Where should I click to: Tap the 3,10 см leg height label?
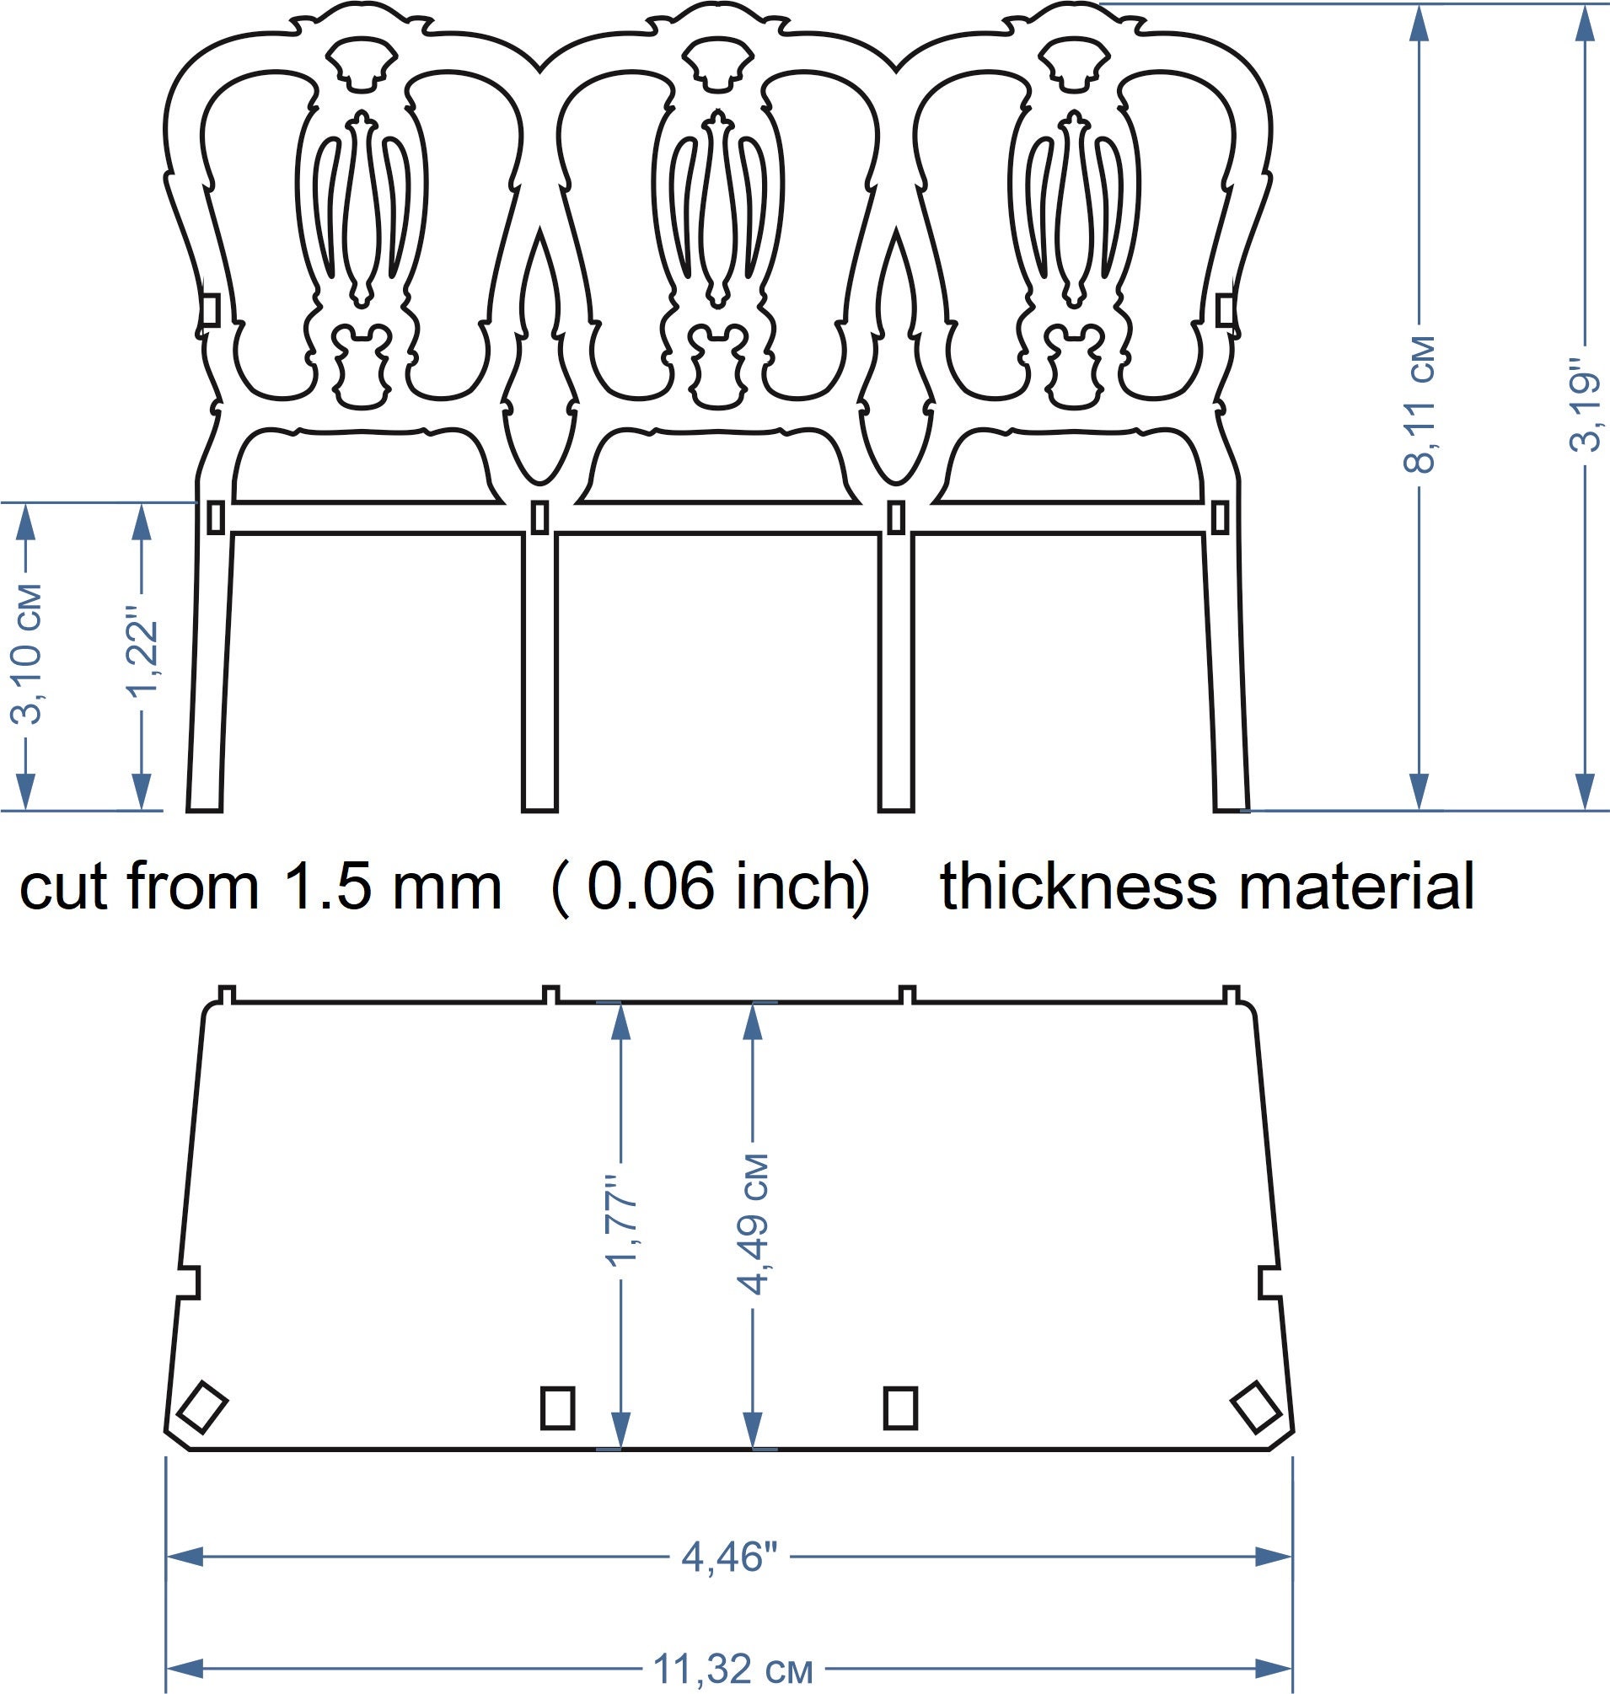26,654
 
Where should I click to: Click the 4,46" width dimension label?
728,1556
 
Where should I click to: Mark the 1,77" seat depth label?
620,1220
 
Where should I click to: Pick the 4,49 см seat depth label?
753,1224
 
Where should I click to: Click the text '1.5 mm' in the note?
391,887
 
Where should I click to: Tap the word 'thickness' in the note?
1078,887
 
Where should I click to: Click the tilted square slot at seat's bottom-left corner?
201,1407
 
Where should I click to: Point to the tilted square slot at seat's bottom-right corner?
1256,1407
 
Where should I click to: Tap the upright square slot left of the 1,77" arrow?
558,1407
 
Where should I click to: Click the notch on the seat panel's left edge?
190,1281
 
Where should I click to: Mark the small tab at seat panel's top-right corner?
1230,994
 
